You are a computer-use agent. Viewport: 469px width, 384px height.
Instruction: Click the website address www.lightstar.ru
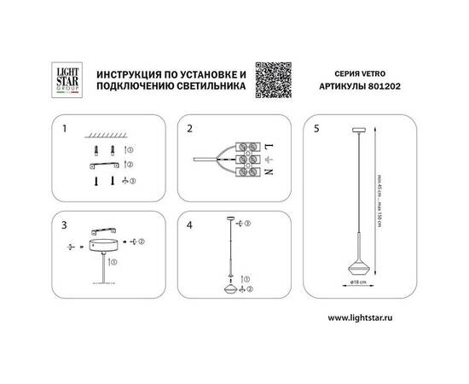[362, 317]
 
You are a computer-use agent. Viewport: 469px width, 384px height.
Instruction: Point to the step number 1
[65, 130]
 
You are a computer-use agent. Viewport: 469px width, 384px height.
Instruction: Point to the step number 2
[191, 130]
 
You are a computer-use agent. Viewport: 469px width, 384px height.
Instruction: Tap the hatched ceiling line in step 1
[106, 137]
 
